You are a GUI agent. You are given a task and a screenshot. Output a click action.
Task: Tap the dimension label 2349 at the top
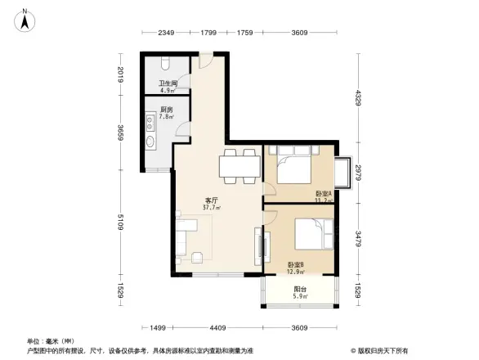(x=168, y=33)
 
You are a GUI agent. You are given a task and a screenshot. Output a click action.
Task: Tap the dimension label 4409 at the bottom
(x=217, y=327)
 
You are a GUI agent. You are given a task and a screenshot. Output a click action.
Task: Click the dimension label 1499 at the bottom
(x=159, y=327)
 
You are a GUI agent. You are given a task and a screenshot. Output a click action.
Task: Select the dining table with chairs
(x=239, y=167)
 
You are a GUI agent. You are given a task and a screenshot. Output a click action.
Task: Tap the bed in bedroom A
(x=293, y=168)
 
